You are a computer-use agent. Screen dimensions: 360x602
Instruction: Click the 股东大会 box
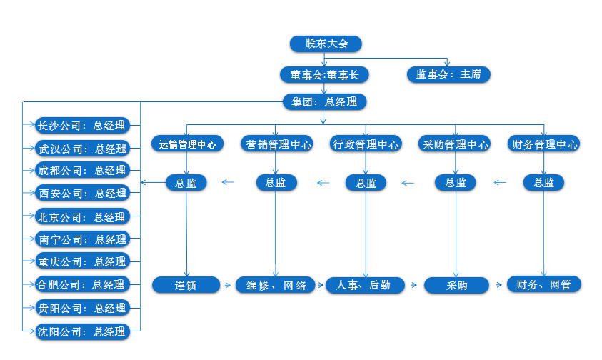326,44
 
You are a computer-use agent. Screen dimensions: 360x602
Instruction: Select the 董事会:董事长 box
324,74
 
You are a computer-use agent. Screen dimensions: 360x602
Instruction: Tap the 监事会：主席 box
449,74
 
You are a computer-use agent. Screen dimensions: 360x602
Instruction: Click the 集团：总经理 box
324,101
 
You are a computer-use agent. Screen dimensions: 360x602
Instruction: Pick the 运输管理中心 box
187,144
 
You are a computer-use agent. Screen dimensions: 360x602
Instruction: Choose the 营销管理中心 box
276,144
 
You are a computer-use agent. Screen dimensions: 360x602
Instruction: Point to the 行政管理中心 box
366,144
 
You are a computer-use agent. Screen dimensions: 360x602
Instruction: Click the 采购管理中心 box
456,144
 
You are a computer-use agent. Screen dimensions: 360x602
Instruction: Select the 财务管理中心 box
544,144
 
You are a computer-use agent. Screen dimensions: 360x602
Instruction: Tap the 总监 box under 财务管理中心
544,182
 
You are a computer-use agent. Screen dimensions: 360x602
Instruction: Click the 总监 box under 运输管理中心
186,182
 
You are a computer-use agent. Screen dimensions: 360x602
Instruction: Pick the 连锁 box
186,285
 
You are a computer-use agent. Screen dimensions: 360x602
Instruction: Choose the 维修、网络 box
276,285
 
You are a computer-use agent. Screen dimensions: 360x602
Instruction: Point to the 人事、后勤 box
366,285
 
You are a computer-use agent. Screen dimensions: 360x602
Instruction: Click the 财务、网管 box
544,284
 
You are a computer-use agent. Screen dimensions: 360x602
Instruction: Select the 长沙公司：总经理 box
82,126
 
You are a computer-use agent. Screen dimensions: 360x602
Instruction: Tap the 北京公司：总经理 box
82,216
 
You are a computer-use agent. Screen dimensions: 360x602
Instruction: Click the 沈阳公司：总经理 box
82,331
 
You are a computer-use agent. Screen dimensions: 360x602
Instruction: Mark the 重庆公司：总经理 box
82,261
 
